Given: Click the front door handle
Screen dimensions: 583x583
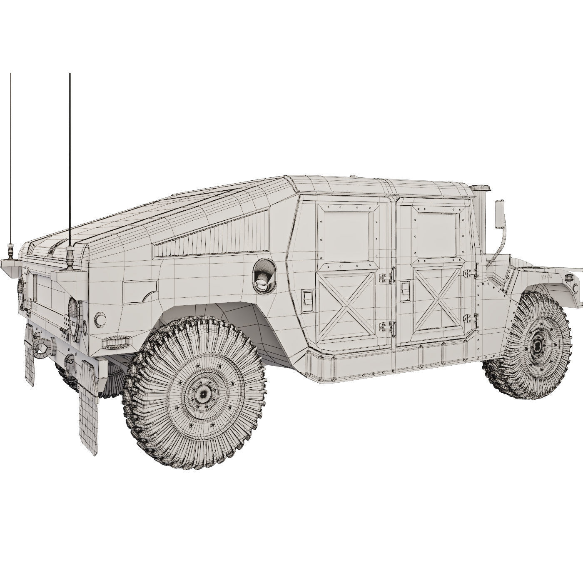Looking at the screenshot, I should click(x=404, y=289).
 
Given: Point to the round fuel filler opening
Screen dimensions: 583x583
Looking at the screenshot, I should click(x=264, y=272).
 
